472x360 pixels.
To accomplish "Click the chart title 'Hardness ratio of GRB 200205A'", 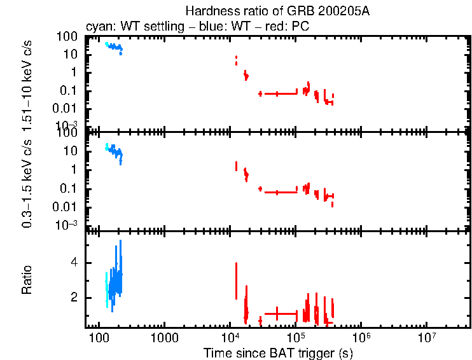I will coord(277,11).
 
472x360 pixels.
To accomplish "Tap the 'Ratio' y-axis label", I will coord(27,279).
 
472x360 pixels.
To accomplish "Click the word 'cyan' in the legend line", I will coord(97,27).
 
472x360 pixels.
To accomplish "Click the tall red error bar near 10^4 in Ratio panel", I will coord(237,280).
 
